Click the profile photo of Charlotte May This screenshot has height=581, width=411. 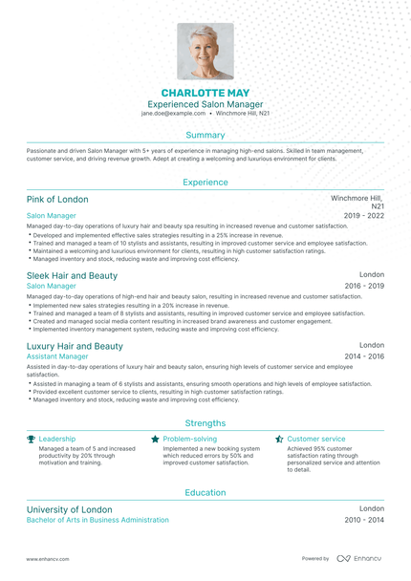click(205, 51)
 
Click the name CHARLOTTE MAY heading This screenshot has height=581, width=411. click(205, 93)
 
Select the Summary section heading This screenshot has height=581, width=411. click(205, 136)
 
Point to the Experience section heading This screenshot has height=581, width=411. click(205, 182)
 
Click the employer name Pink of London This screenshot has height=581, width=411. click(57, 200)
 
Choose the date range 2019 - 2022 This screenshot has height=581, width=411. click(364, 216)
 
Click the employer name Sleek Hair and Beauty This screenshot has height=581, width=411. click(72, 275)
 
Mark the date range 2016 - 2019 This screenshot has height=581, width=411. click(364, 286)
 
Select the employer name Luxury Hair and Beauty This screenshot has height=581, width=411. click(75, 346)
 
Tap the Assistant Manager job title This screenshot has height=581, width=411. click(58, 356)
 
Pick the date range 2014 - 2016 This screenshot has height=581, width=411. click(364, 356)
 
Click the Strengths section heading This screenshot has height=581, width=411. click(205, 422)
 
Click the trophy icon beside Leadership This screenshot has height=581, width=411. click(31, 439)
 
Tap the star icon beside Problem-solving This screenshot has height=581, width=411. click(155, 439)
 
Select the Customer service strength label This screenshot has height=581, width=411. click(316, 439)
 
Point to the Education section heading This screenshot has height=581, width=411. click(205, 492)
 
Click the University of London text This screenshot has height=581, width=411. click(69, 509)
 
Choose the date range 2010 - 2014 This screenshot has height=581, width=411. click(364, 520)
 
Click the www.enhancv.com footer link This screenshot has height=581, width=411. click(45, 558)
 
